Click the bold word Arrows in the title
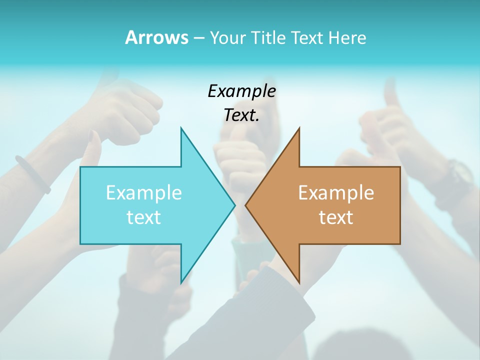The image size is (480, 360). (x=156, y=37)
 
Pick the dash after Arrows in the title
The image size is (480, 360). (x=198, y=38)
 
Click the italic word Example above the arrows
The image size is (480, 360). (x=241, y=91)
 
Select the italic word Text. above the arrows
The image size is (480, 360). (x=241, y=115)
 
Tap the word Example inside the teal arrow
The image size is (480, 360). (x=144, y=192)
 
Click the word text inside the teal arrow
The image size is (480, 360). (x=144, y=217)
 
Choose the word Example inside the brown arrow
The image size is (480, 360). (x=336, y=192)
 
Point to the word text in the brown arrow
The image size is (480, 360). (x=336, y=217)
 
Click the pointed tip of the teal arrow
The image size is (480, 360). (x=234, y=205)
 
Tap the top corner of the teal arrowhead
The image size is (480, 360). (x=181, y=128)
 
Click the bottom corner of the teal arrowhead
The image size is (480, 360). (x=181, y=282)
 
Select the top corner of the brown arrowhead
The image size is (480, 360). (x=299, y=128)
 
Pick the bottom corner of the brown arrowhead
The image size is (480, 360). (x=299, y=282)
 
